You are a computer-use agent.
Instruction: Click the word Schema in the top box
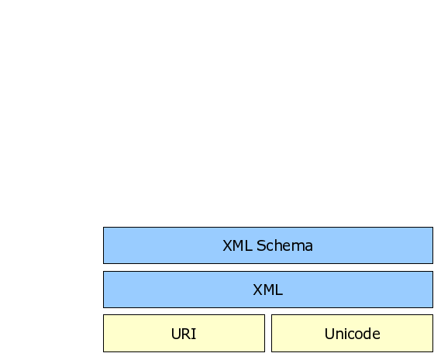pos(284,245)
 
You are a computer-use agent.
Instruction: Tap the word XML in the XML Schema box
pos(237,245)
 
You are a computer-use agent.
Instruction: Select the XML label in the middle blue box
pos(267,290)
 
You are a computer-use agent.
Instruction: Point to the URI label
pos(184,334)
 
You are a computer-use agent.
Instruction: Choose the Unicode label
pos(352,334)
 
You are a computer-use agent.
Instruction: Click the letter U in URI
pos(176,334)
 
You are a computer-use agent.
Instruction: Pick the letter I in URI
pos(195,334)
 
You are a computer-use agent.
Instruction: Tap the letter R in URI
pos(187,334)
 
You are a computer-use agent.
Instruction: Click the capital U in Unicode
pos(329,334)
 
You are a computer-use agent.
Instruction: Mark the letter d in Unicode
pos(366,334)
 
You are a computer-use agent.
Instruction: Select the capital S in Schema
pos(261,245)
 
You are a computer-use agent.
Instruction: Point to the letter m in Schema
pos(295,247)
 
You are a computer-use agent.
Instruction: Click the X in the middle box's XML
pos(258,290)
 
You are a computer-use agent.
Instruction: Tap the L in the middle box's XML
pos(279,290)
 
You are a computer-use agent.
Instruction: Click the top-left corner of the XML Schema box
pos(104,228)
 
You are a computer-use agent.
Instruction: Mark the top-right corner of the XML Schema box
pos(432,228)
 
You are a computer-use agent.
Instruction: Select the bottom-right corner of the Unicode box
pos(432,351)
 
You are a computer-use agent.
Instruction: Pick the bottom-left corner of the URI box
pos(104,351)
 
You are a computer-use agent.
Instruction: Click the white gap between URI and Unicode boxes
pos(268,334)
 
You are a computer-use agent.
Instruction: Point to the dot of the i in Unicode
pos(346,329)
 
